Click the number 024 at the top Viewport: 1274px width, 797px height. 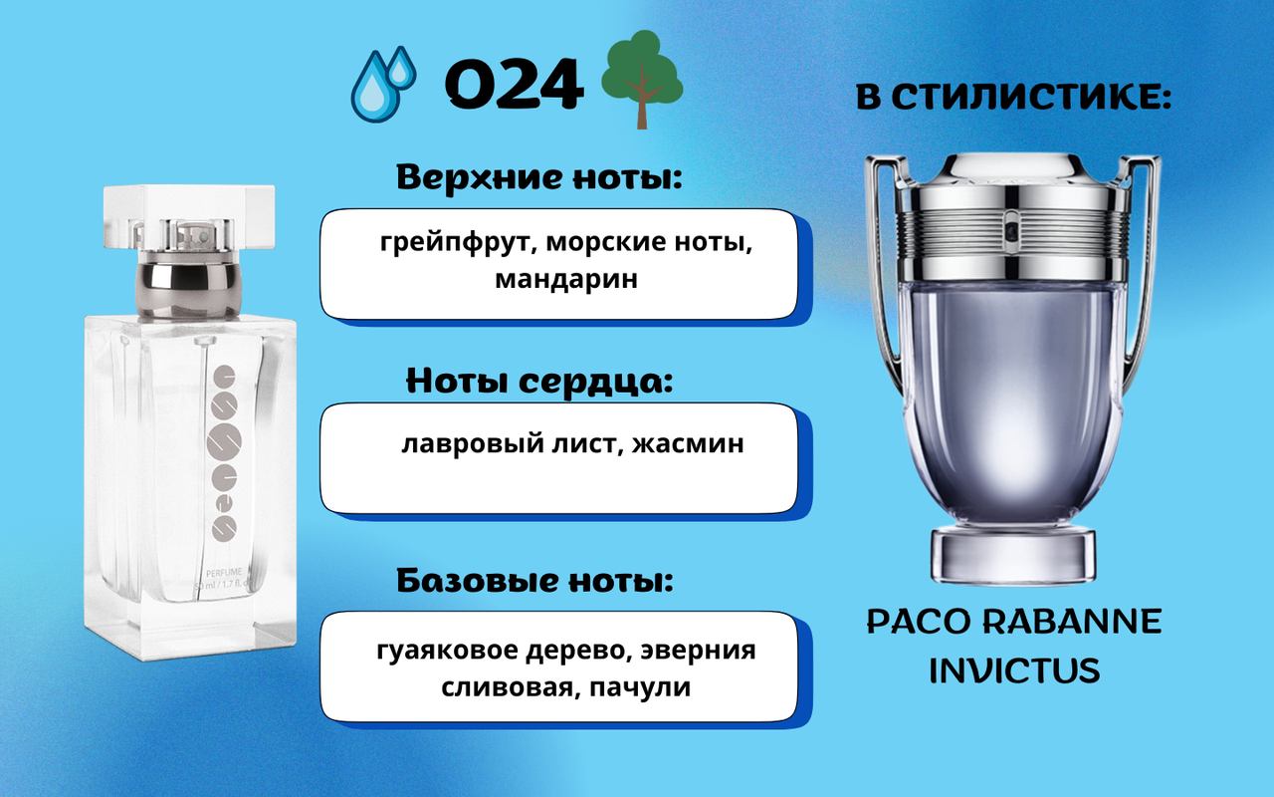click(515, 85)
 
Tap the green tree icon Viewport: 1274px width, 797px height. click(642, 80)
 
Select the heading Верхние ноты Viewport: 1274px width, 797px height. click(538, 177)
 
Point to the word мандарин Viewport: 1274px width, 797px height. click(566, 279)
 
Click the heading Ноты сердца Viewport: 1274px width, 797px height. click(539, 381)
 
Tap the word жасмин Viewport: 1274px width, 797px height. click(688, 443)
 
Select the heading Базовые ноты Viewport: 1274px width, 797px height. click(535, 581)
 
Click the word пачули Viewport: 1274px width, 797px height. click(640, 687)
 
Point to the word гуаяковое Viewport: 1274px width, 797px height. click(447, 651)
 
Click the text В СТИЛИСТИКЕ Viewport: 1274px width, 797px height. click(1013, 98)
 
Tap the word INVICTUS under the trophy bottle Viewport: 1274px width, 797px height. click(1014, 669)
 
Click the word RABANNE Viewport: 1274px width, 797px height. click(1072, 621)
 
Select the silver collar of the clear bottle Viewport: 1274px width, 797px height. click(189, 289)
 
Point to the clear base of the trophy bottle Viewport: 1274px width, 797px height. click(1013, 556)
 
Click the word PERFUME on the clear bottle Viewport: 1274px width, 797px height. click(224, 572)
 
